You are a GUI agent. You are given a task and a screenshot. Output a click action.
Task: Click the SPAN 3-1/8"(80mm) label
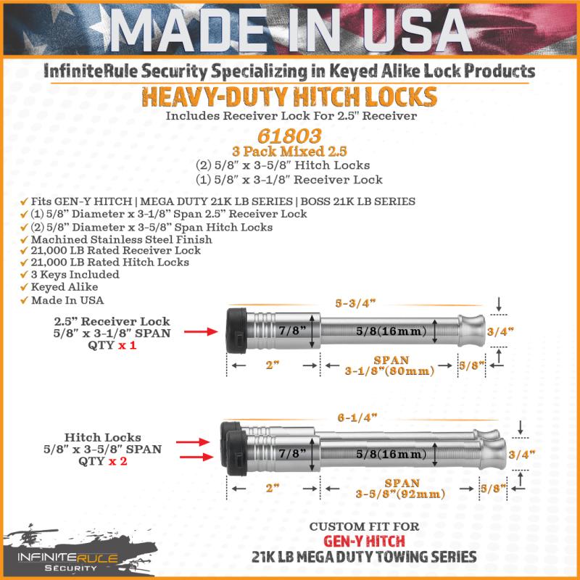(390, 365)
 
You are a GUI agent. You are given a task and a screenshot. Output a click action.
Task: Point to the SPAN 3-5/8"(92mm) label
(390, 489)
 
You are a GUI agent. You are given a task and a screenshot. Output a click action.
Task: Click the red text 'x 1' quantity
(128, 346)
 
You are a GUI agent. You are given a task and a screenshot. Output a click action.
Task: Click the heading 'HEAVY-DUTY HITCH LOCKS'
(289, 96)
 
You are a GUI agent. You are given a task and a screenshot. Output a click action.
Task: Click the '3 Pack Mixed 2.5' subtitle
(289, 152)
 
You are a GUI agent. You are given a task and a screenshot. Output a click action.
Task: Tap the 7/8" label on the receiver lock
(290, 331)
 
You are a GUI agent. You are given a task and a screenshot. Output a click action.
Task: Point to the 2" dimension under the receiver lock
(273, 365)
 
